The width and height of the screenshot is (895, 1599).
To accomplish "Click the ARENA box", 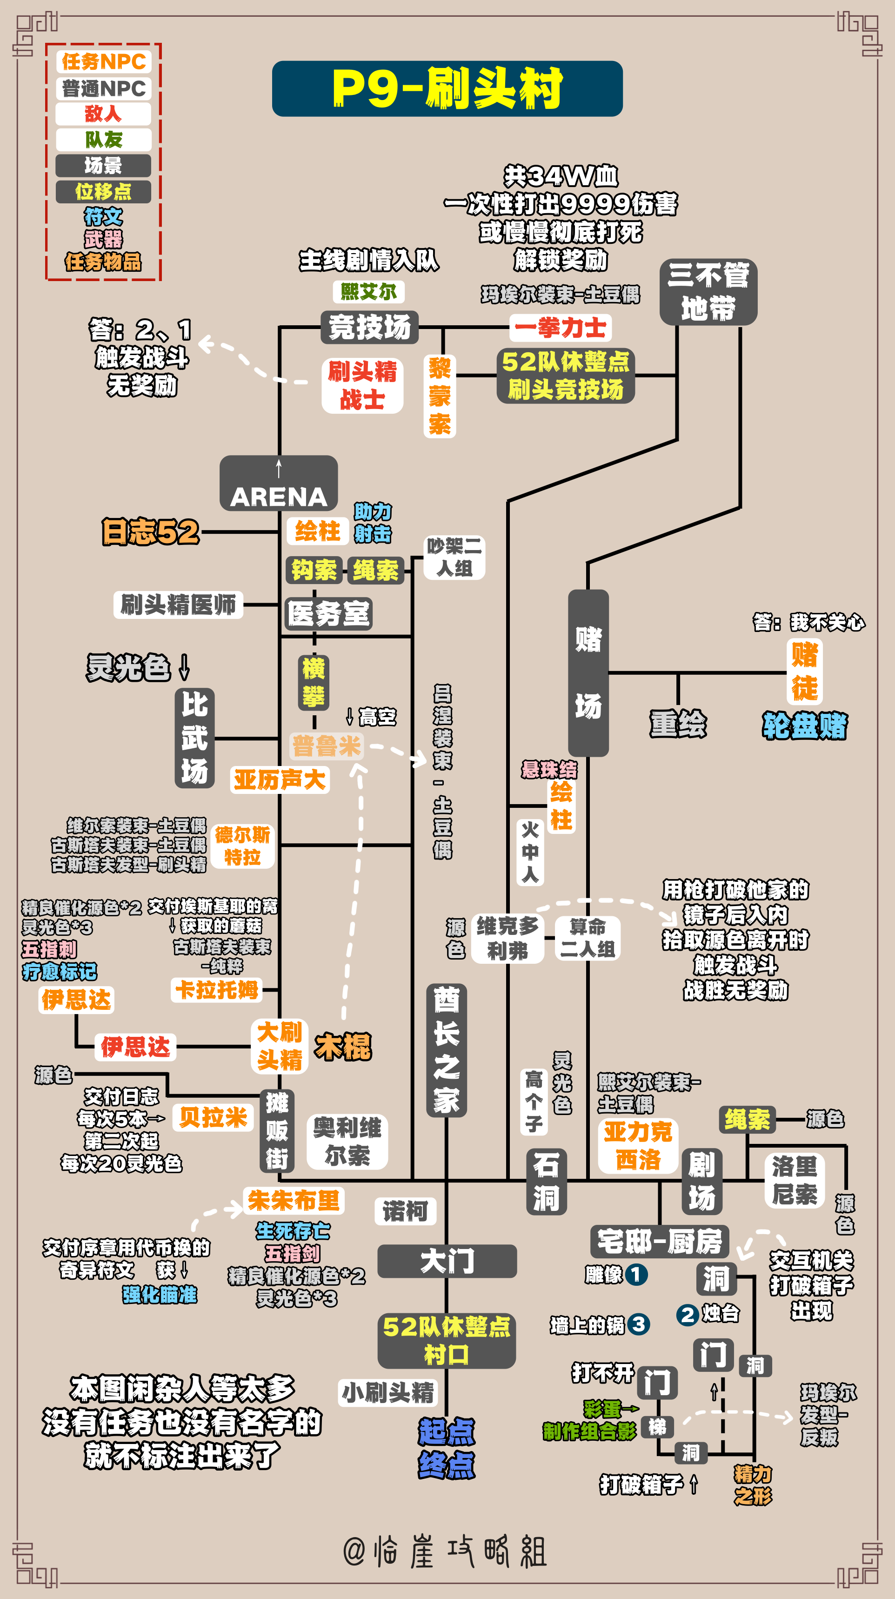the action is [x=279, y=484].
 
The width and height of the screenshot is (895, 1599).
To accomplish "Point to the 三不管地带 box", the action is [x=708, y=292].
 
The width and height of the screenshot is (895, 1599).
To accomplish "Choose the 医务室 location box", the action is [x=328, y=614].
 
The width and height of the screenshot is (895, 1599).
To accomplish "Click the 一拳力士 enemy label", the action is [x=561, y=328].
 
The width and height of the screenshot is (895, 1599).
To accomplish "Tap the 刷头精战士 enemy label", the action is [x=362, y=385].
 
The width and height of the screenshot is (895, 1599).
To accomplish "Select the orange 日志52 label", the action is [x=151, y=532].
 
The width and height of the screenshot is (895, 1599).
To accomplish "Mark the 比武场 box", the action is [x=195, y=738].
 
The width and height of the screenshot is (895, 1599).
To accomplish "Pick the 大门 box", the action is [x=447, y=1261].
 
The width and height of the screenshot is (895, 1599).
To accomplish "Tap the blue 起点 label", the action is [x=446, y=1432].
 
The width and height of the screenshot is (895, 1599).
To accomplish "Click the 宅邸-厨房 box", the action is [x=659, y=1242].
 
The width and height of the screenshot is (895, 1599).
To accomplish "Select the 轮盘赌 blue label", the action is [x=805, y=725].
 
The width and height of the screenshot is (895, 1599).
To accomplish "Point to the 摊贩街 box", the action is [x=277, y=1130].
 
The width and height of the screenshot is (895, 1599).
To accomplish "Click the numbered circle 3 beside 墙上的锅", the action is [x=639, y=1324].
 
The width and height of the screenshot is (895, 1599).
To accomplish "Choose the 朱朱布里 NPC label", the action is [x=294, y=1200].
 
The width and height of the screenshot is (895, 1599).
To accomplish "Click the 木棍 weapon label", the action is [x=343, y=1047].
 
